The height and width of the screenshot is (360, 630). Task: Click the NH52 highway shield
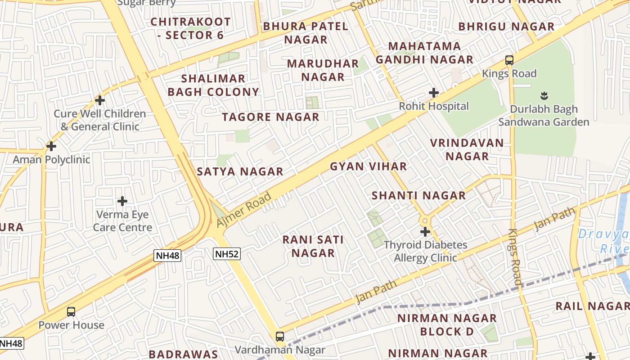coord(227,254)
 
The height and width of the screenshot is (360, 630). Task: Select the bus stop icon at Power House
coord(71,311)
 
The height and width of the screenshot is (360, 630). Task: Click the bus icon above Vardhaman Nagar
coord(280,336)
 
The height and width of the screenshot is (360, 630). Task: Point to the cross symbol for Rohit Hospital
coord(434,93)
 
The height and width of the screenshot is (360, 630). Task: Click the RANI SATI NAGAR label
coord(313,246)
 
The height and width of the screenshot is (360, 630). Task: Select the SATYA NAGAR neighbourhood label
coord(240,171)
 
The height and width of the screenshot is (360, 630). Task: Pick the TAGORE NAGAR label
coord(270,117)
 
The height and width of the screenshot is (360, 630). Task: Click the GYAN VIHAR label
coord(368,166)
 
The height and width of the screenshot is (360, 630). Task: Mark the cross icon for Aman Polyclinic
coord(51,146)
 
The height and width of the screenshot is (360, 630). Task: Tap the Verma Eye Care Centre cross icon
coord(122,201)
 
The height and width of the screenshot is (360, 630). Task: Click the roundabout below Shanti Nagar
coord(425,221)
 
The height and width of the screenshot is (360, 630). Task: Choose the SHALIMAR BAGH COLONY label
coord(213,85)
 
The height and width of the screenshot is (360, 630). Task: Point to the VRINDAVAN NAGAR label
coord(467,149)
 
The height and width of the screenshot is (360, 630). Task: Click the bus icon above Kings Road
coord(509,60)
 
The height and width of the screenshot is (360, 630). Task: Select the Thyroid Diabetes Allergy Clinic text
coord(425,252)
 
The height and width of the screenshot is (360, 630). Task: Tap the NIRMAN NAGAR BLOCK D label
coord(447,325)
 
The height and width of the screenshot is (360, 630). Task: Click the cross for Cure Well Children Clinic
coord(100,100)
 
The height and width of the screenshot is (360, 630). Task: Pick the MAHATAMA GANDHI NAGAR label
coord(424,53)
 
